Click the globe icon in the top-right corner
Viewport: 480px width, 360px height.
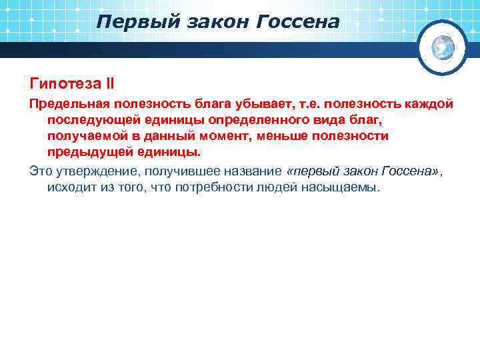coord(442,47)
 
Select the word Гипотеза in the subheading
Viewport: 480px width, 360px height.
coord(63,84)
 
